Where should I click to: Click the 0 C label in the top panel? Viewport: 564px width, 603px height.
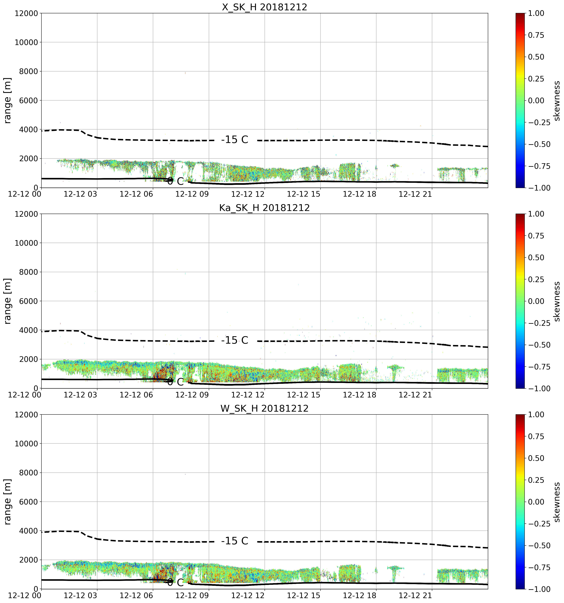click(x=175, y=181)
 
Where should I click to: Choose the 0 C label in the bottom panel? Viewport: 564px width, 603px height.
click(x=175, y=583)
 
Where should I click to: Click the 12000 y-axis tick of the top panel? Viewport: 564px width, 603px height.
click(x=26, y=13)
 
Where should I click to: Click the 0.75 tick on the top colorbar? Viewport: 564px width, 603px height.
click(x=536, y=35)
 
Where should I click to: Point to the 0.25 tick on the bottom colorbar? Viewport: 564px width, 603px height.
click(x=536, y=480)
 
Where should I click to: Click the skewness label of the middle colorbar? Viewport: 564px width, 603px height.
click(x=556, y=301)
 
